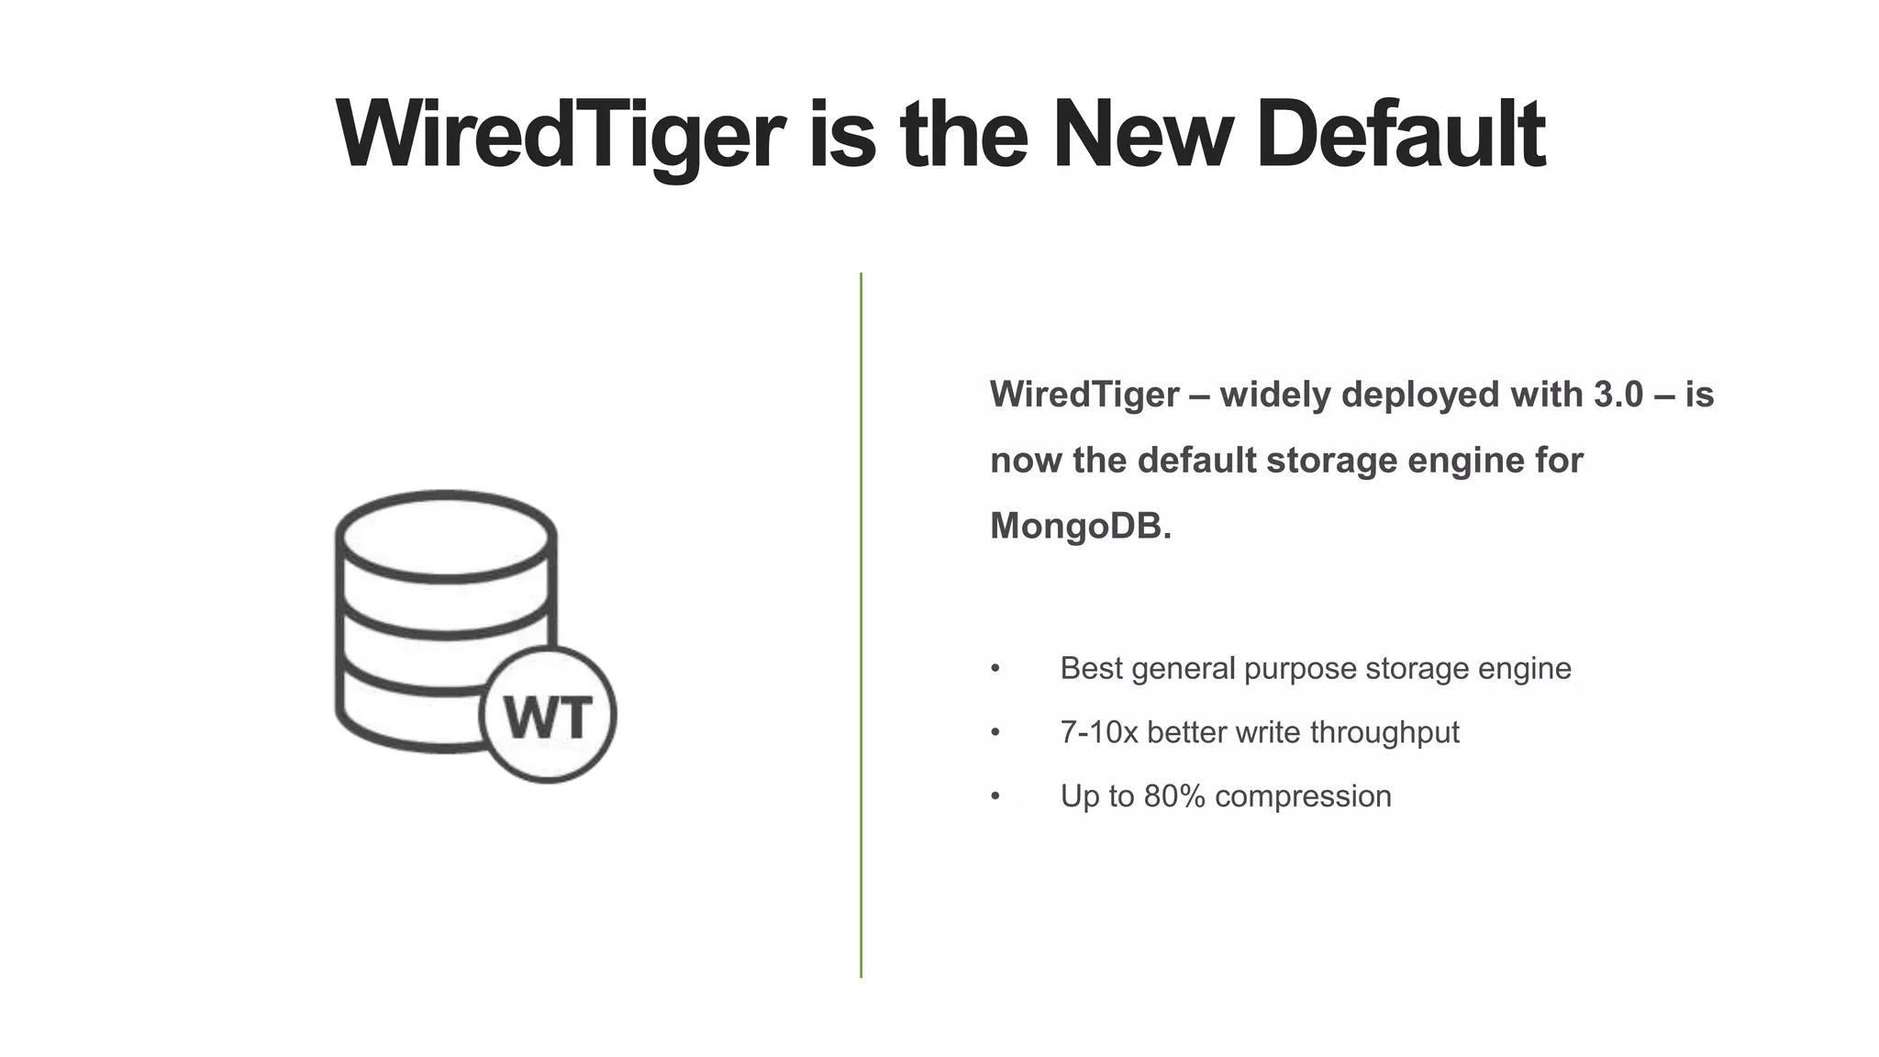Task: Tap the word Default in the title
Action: coord(1400,135)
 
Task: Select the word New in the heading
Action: coord(1142,135)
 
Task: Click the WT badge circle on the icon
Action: coord(548,715)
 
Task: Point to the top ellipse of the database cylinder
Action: coord(446,536)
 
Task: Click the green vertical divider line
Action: coord(861,624)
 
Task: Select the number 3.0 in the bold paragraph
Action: coord(1618,395)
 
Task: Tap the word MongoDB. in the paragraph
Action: coord(1081,526)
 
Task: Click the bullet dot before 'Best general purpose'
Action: coord(995,669)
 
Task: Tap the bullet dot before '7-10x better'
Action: coord(995,733)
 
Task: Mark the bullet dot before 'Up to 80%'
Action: coord(995,796)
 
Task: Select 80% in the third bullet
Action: coord(1173,796)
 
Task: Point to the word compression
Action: coord(1303,796)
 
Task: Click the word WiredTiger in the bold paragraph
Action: coord(1084,395)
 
